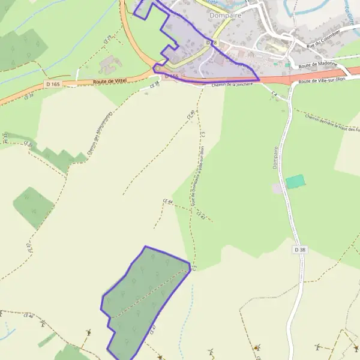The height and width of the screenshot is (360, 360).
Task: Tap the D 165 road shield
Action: point(53,85)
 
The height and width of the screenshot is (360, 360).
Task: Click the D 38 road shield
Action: point(301,249)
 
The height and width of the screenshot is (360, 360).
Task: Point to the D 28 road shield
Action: point(210,43)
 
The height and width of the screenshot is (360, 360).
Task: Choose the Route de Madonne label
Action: point(316,67)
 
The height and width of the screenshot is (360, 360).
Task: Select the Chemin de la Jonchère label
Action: point(232,85)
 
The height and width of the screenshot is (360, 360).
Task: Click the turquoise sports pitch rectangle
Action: point(295,182)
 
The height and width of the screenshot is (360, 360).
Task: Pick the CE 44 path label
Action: point(168,202)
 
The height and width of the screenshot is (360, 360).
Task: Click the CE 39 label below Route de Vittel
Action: point(29,96)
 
